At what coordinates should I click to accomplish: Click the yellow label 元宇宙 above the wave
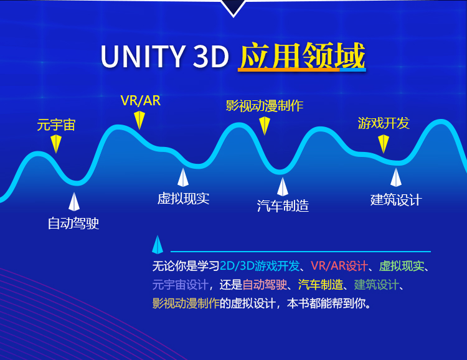point(56,125)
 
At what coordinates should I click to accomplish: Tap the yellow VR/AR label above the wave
point(141,101)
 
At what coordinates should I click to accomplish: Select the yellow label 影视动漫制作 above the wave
point(265,106)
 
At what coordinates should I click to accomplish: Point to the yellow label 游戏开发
point(384,123)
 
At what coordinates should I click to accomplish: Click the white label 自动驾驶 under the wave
point(73,223)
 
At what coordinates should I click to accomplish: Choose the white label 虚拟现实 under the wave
point(184,199)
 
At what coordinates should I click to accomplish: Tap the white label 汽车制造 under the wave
point(283,206)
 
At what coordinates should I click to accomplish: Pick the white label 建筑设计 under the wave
point(396,200)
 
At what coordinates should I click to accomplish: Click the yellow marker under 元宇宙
point(56,144)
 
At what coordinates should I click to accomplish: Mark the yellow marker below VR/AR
point(139,120)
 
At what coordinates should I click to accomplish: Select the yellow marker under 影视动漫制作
point(265,126)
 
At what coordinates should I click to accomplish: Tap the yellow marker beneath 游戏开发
point(384,144)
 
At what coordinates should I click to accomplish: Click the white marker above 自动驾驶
point(74,202)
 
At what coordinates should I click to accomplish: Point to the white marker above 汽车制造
point(282,187)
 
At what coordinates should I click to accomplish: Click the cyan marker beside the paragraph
point(158,245)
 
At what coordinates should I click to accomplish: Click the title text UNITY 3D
point(165,56)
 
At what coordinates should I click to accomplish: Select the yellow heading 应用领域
point(302,55)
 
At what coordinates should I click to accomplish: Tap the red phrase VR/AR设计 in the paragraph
point(339,266)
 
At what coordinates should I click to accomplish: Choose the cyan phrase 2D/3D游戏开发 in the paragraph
point(260,266)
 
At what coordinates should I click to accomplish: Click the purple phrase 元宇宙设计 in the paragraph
point(180,285)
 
